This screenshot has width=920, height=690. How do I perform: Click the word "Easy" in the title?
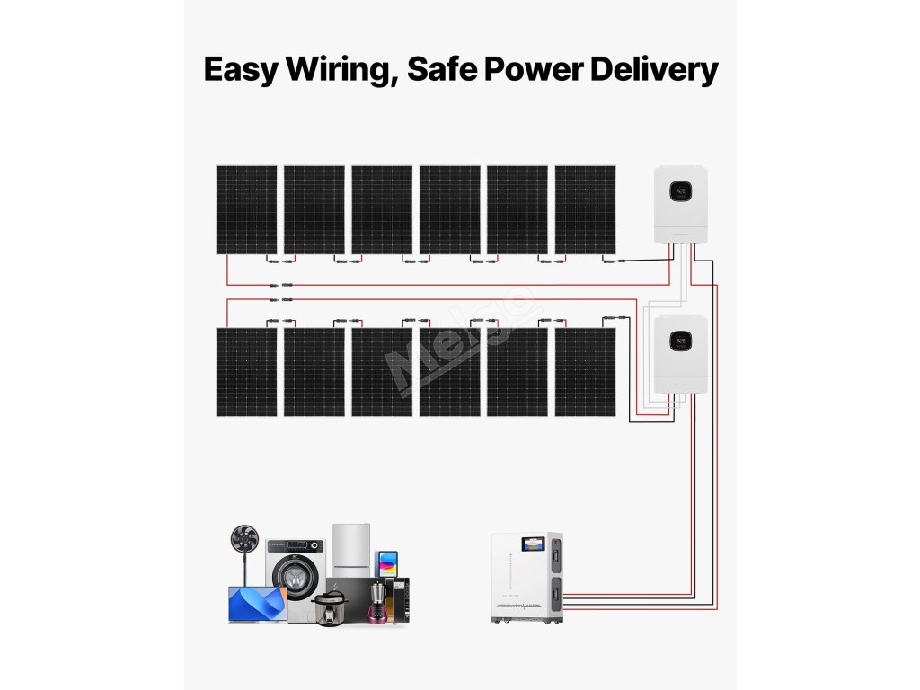[x=240, y=70]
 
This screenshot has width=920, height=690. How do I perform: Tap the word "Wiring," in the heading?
[x=341, y=70]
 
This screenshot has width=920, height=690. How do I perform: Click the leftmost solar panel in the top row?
[x=246, y=209]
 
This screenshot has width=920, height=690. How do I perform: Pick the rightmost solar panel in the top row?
[x=586, y=209]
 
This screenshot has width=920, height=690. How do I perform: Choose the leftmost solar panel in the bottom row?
[x=246, y=372]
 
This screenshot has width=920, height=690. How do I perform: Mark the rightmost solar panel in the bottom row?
[x=586, y=372]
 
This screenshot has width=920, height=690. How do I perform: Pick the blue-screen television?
[x=258, y=603]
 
